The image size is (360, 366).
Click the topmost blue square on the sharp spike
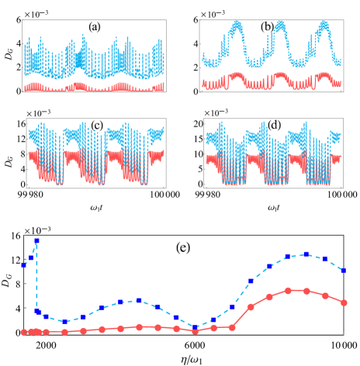(x=36, y=241)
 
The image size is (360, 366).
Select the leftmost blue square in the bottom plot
(x=24, y=264)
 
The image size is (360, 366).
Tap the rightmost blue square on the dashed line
(x=344, y=270)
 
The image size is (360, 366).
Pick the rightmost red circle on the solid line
(x=344, y=302)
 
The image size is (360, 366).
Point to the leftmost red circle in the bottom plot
(x=24, y=332)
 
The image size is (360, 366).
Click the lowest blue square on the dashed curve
(x=195, y=326)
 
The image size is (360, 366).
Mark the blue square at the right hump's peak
(x=306, y=254)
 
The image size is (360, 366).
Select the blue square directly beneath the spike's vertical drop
(x=36, y=311)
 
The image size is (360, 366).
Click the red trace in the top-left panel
(x=93, y=86)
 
